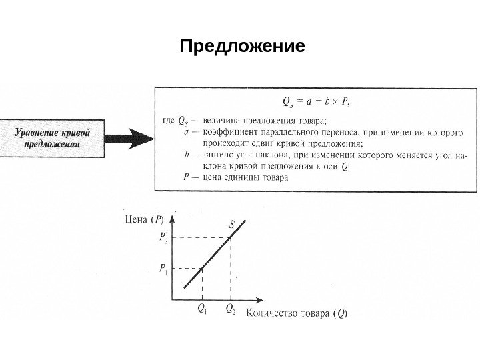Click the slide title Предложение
(242, 47)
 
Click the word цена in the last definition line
(213, 177)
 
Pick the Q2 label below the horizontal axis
(230, 309)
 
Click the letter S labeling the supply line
(232, 225)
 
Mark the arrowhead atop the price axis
(173, 217)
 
